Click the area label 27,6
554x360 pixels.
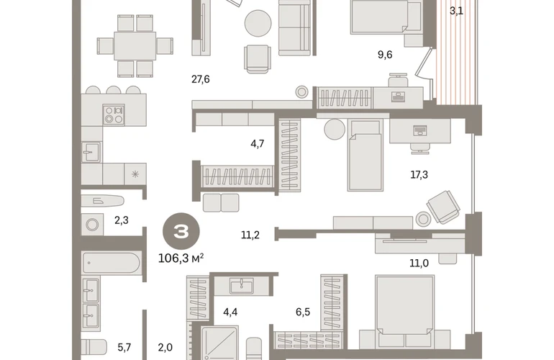click(200, 79)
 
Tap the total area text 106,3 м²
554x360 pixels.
click(181, 258)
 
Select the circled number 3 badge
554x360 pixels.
click(181, 232)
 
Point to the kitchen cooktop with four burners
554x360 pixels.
click(114, 114)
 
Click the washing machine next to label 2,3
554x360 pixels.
click(92, 225)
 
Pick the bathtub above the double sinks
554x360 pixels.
click(112, 263)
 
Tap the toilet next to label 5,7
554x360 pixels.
click(94, 347)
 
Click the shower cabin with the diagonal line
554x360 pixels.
click(219, 343)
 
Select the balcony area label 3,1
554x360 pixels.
click(456, 11)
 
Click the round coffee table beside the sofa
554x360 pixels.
click(258, 23)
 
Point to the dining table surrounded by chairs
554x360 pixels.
click(135, 45)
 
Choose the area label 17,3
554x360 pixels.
click(419, 174)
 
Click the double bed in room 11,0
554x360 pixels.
click(405, 311)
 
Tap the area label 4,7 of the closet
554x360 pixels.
click(258, 143)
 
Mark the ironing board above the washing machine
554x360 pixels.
click(102, 201)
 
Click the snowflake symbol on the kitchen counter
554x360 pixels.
click(135, 174)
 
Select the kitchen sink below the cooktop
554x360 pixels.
click(91, 152)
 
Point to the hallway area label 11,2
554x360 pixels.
click(250, 235)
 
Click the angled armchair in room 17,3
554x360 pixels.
click(443, 207)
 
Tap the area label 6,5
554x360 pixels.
click(303, 312)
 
